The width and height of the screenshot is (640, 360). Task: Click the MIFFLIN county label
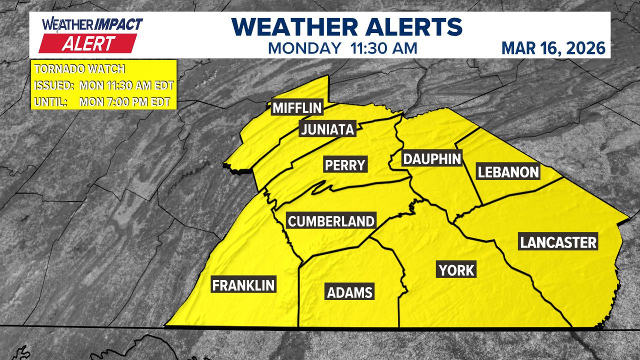[297, 108]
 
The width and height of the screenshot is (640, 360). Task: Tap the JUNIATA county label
[327, 129]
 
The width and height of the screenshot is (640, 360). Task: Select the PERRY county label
[345, 165]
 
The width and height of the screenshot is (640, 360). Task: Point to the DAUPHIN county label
[432, 159]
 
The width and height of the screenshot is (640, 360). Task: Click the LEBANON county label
[508, 172]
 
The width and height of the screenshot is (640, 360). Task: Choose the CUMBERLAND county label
[331, 221]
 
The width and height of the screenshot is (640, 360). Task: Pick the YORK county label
[456, 270]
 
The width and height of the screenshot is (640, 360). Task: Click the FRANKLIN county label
[243, 285]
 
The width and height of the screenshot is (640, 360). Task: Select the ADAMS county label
[350, 292]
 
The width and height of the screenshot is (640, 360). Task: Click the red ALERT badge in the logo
[88, 44]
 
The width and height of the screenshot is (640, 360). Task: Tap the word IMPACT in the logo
[119, 24]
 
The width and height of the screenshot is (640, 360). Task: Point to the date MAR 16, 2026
[553, 48]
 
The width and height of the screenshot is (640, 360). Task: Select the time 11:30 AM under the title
[384, 48]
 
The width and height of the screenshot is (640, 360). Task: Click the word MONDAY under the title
[304, 48]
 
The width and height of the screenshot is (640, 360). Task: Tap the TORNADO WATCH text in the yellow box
[80, 69]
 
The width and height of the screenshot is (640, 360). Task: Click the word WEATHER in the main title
[295, 27]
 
